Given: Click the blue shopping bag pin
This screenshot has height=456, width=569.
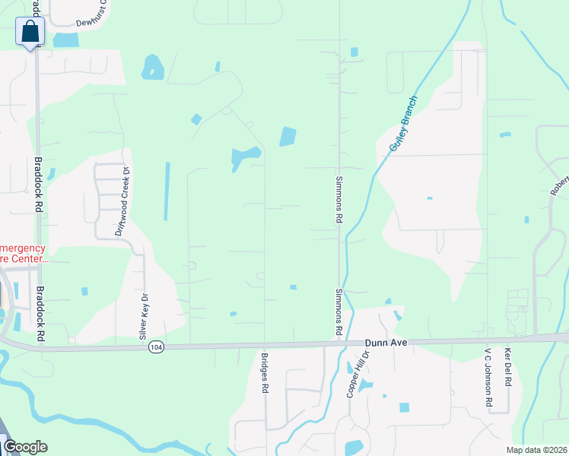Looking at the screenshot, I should point(30,32).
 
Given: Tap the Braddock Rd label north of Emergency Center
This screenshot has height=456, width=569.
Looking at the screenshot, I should point(37,185).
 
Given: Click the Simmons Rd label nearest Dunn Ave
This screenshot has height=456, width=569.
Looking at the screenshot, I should point(338,313).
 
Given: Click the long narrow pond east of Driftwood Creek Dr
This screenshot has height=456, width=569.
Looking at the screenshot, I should point(167,192).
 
